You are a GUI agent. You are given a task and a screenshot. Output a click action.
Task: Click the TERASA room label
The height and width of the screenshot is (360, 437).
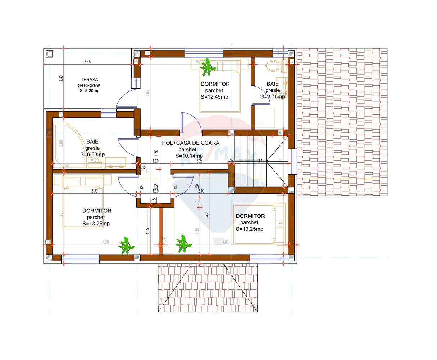click(90, 80)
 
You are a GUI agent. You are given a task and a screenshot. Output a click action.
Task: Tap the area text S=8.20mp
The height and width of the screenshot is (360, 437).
click(90, 91)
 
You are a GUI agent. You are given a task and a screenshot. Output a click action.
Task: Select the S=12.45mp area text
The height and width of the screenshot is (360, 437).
click(214, 97)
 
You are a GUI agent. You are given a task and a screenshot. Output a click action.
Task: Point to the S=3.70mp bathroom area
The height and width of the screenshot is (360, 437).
click(273, 96)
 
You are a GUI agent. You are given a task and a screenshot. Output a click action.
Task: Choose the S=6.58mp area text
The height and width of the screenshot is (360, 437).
click(92, 154)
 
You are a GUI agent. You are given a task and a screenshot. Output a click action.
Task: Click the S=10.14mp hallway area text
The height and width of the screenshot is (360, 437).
click(189, 156)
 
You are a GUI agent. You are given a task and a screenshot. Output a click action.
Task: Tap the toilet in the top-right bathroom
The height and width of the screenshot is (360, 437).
click(270, 66)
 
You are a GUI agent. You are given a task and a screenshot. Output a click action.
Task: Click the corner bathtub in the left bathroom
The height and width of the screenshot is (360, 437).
click(68, 142)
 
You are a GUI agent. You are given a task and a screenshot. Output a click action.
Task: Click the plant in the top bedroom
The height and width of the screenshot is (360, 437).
click(208, 67)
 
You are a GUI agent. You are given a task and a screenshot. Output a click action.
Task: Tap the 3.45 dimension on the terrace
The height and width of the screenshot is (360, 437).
click(87, 62)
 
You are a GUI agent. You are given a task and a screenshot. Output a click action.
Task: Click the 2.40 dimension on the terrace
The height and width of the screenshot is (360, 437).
click(61, 77)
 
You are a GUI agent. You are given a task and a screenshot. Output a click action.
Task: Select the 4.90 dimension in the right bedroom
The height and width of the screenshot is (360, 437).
click(225, 242)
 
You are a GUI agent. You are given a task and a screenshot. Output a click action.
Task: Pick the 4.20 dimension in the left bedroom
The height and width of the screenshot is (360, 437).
click(105, 242)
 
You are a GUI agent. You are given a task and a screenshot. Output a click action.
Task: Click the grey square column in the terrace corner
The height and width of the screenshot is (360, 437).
click(49, 54)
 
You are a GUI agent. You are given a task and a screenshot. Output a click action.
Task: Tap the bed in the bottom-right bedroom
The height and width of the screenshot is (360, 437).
click(256, 224)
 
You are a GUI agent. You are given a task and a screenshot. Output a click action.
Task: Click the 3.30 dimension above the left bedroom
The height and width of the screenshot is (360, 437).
click(95, 191)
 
